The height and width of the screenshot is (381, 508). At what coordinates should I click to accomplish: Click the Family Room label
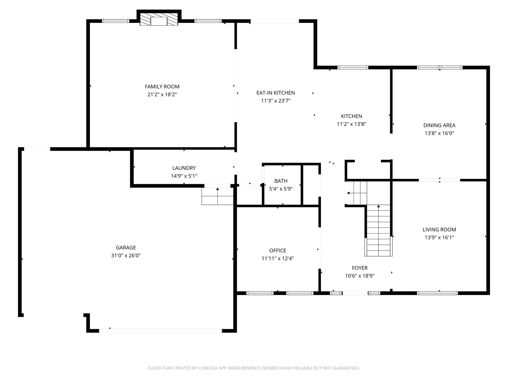[x=162, y=86]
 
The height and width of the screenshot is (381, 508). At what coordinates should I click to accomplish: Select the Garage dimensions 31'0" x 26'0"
[x=126, y=255]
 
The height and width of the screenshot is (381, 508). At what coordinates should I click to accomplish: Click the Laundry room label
[x=184, y=168]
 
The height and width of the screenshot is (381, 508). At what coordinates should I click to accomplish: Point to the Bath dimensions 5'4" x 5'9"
[x=281, y=189]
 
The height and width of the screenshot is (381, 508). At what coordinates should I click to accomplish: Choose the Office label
[x=278, y=250]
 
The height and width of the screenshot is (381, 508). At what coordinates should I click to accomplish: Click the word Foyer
[x=359, y=268]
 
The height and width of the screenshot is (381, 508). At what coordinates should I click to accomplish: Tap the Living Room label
[x=439, y=229]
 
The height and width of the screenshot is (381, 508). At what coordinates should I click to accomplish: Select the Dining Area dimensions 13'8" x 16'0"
[x=439, y=133]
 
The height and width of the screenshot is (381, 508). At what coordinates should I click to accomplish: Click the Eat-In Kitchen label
[x=276, y=93]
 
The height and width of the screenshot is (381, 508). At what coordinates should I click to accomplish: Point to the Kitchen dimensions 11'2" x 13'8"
[x=351, y=124]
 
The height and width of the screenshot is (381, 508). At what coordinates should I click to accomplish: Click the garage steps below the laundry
[x=217, y=196]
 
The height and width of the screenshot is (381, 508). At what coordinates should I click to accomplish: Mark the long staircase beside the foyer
[x=379, y=230]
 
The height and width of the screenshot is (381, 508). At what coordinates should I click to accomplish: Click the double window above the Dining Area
[x=440, y=67]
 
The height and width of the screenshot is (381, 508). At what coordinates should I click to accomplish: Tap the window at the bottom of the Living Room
[x=437, y=293]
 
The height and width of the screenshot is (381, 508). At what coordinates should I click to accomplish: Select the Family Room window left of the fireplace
[x=115, y=21]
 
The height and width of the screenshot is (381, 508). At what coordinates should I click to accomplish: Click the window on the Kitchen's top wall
[x=353, y=67]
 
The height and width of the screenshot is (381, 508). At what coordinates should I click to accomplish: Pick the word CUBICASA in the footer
[x=207, y=368]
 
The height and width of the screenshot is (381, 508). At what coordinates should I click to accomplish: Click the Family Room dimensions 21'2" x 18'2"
[x=162, y=95]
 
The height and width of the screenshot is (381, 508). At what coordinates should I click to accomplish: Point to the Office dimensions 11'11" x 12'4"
[x=278, y=258]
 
